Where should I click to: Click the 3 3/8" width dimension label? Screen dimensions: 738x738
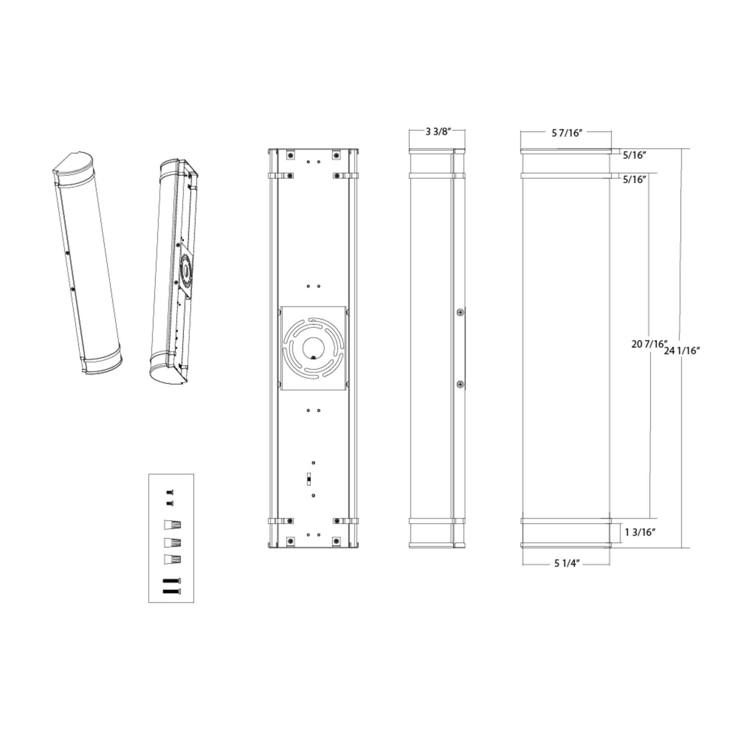[438, 132]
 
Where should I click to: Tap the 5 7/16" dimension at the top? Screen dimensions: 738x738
[567, 133]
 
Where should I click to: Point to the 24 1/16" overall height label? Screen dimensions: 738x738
[682, 351]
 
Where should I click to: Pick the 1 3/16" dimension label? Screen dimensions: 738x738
[640, 532]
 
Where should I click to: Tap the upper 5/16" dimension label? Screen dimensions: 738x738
[634, 155]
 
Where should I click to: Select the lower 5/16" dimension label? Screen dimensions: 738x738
[634, 179]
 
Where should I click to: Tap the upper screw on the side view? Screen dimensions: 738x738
[461, 312]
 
